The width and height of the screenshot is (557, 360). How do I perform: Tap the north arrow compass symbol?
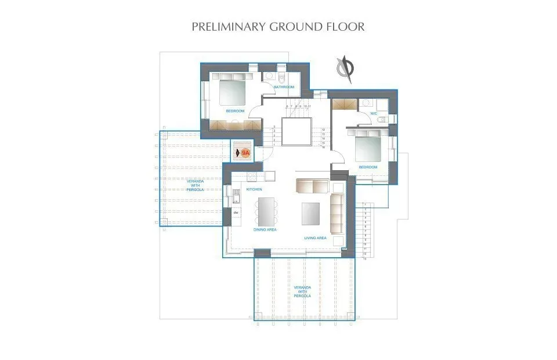coord(345,68)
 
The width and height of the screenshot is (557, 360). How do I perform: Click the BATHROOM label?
coord(284,87)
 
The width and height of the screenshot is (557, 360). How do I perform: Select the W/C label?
coord(374,113)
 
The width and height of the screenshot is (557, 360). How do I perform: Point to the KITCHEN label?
coord(255,189)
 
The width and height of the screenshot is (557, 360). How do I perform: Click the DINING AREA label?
coord(265,229)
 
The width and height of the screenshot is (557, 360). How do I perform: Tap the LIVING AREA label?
coord(316,237)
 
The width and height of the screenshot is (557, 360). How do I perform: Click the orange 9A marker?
coord(245,153)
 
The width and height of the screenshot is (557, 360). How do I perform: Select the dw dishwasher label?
coord(236,213)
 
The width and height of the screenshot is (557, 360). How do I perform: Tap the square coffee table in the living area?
coord(310,213)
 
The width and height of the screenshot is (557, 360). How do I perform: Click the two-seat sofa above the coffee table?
coord(312,185)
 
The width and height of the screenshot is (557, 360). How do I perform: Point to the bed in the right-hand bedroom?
coord(368,146)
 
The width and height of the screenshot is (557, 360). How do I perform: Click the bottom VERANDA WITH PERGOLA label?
coord(302,291)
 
